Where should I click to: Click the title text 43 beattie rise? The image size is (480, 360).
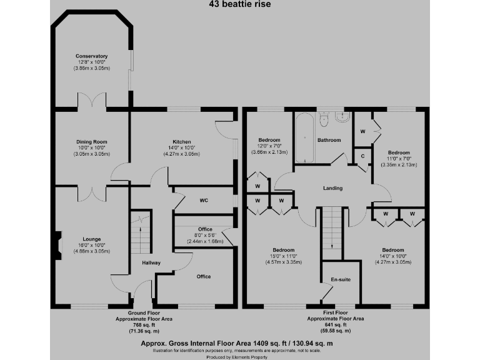point(239,3)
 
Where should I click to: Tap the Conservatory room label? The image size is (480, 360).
point(92,56)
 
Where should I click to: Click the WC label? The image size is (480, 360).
point(203,201)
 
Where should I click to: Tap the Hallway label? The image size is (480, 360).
point(151,263)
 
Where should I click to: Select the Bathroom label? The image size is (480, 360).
point(329,140)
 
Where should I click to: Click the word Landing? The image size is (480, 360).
point(332,189)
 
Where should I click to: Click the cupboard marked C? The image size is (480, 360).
point(361,156)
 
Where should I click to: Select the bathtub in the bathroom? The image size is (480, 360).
point(304,139)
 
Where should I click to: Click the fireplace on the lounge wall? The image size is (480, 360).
point(57,245)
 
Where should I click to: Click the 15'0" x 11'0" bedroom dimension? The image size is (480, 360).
point(284,256)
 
